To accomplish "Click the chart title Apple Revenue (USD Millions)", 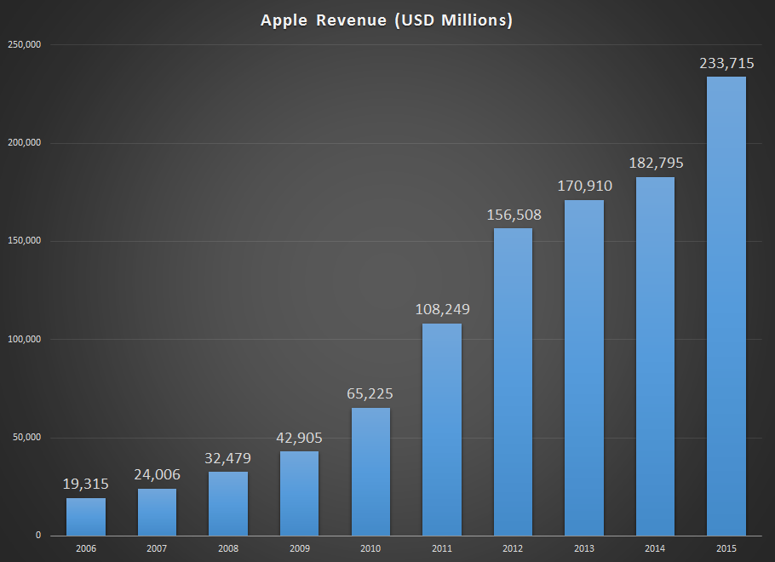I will [x=387, y=20].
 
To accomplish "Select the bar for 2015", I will [x=726, y=307].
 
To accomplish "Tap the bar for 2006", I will [x=86, y=517].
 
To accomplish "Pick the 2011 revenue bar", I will [x=441, y=429].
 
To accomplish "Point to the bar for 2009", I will [x=299, y=493].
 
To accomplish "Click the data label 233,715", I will [x=726, y=62].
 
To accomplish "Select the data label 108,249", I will [x=441, y=309].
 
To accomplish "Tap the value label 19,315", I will [x=86, y=484].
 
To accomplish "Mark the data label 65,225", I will [x=370, y=393].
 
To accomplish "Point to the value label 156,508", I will [x=513, y=214].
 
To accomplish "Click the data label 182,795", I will [x=655, y=163].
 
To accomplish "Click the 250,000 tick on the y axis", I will [x=26, y=44].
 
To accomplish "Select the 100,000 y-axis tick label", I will [x=26, y=340].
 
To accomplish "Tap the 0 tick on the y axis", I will [x=37, y=536].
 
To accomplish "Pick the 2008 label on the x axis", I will [x=228, y=549].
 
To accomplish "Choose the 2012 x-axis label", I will [x=513, y=549].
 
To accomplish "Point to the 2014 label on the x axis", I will [x=655, y=549].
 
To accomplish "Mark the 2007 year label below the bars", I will [x=157, y=549].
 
